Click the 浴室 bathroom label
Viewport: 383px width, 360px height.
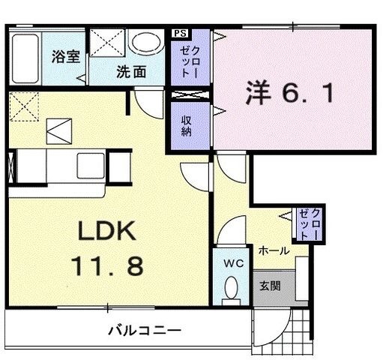click(x=66, y=56)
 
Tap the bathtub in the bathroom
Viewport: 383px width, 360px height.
click(x=25, y=58)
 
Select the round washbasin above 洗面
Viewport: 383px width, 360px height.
click(x=146, y=43)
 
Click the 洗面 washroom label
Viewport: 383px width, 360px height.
click(x=131, y=72)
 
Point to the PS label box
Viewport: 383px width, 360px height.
click(x=181, y=33)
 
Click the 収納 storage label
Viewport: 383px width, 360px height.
click(x=187, y=126)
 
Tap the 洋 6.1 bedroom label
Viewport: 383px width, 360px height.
click(x=290, y=93)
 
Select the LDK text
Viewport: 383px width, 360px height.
click(x=107, y=231)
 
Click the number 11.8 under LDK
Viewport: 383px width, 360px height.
click(x=108, y=266)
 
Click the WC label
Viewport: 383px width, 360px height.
click(x=234, y=263)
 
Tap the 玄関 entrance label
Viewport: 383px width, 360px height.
click(x=270, y=286)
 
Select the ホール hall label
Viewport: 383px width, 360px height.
click(x=274, y=250)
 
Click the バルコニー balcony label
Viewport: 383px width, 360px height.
click(x=145, y=331)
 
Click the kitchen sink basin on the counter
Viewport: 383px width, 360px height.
click(x=91, y=166)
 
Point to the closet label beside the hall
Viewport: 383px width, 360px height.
click(x=310, y=224)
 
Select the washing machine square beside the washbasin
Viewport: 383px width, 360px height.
click(x=107, y=43)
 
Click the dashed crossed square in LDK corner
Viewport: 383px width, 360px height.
click(x=24, y=106)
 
